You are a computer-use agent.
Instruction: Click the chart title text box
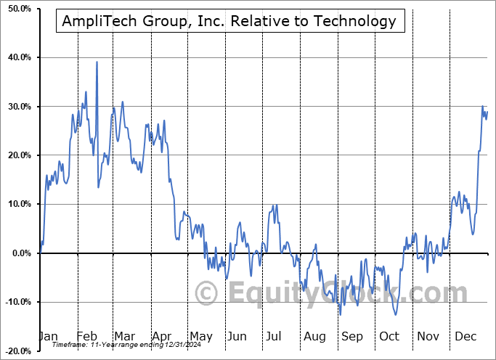[x=229, y=21]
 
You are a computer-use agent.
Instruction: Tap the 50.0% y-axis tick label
[x=17, y=9]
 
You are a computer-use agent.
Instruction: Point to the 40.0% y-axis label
[x=17, y=57]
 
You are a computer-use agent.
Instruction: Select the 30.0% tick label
[x=17, y=107]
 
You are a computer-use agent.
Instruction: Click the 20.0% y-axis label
[x=17, y=155]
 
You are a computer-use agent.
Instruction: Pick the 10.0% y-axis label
[x=17, y=204]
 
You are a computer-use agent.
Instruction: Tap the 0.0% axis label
[x=19, y=253]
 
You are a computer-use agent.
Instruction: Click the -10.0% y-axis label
[x=15, y=302]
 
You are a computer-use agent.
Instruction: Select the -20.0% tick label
[x=15, y=351]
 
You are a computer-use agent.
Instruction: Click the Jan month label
[x=47, y=336]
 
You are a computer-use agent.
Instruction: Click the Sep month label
[x=352, y=336]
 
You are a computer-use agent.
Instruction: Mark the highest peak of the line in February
[x=97, y=62]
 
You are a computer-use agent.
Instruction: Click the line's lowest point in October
[x=395, y=314]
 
